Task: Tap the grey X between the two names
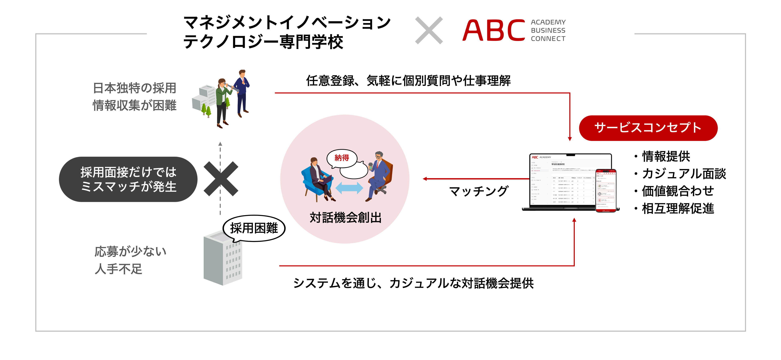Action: tap(429, 30)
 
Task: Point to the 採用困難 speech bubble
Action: tap(254, 228)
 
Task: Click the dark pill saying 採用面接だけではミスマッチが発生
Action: tap(128, 179)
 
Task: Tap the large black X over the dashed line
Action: tap(221, 179)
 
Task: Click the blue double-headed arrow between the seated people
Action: tap(349, 188)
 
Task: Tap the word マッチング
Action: tap(478, 191)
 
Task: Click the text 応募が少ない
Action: tap(130, 252)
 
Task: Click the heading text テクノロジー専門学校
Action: tap(263, 42)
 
